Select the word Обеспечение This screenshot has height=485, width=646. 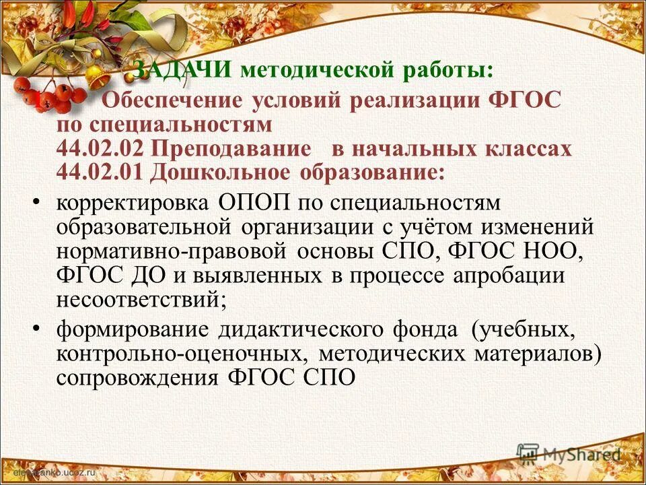[x=171, y=101]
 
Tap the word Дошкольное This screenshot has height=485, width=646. [x=218, y=171]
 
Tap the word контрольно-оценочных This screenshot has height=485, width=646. [x=177, y=353]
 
